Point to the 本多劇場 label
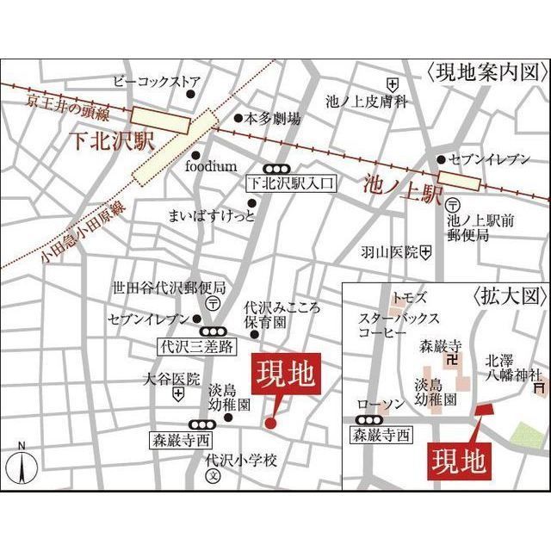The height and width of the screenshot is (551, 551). [x=273, y=119]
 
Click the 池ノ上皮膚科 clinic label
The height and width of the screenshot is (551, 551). [x=364, y=101]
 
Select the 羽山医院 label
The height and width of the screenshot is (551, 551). [x=389, y=252]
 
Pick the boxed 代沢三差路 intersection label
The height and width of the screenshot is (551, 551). [x=197, y=347]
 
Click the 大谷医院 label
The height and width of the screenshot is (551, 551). [x=171, y=379]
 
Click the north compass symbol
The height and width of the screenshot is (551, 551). [x=22, y=464]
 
